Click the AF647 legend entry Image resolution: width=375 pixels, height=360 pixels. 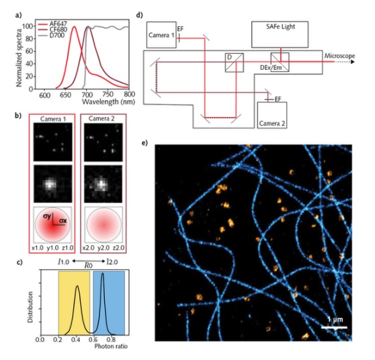53,24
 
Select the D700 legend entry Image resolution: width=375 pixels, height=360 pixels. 52,36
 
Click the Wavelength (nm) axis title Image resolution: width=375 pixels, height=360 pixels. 108,102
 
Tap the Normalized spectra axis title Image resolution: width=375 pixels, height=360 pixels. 19,58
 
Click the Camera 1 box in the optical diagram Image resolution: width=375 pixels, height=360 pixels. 161,35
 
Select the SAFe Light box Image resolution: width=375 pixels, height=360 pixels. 280,34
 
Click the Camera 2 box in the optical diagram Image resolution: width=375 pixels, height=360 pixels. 272,116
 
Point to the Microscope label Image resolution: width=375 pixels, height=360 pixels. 339,56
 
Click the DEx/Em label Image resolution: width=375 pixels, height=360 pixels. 271,68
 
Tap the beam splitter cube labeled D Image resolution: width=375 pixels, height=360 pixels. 235,62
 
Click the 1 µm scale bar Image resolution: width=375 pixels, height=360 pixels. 334,327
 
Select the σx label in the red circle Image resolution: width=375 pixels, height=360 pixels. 63,221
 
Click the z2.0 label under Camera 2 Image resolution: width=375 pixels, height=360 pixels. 119,248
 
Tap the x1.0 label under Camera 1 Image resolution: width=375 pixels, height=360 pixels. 38,248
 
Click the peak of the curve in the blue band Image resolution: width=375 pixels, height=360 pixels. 103,273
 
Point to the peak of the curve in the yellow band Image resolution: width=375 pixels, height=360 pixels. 77,285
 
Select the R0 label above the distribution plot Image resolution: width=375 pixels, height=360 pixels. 89,265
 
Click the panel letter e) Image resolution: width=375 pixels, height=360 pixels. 144,143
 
